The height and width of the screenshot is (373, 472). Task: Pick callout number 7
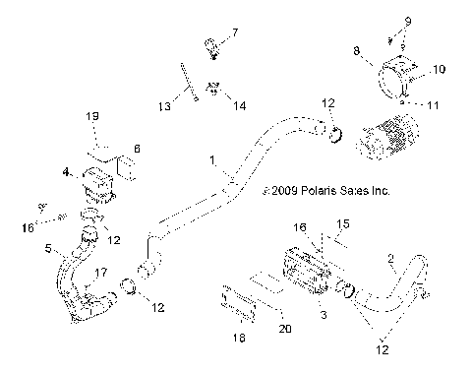[233, 34]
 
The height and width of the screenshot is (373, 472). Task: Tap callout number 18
[232, 339]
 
